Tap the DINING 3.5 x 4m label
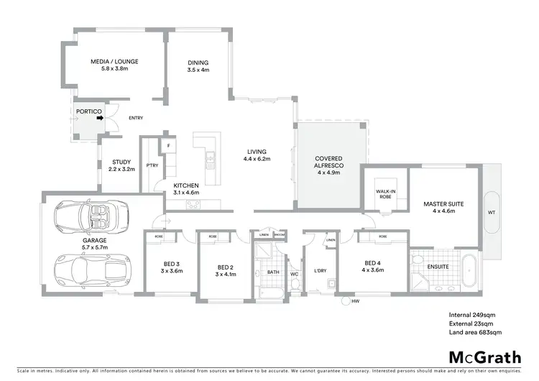click(198, 66)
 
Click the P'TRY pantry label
click(152, 165)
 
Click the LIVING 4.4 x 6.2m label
click(257, 155)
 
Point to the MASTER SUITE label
click(443, 208)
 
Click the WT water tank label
click(492, 213)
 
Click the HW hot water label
click(355, 302)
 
